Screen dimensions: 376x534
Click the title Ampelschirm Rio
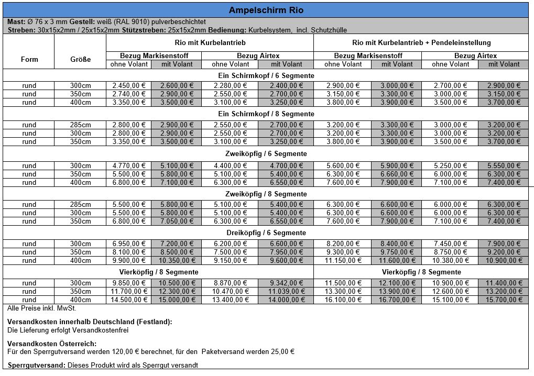pos(266,10)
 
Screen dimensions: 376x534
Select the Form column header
pos(29,59)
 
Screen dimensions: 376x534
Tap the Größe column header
pos(80,59)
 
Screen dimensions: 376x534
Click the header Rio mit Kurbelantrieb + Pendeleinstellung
pos(421,42)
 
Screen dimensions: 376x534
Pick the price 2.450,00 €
pos(128,85)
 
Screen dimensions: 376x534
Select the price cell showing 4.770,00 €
pos(128,165)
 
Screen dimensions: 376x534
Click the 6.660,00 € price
pos(397,174)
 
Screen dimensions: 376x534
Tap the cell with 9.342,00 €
pos(287,283)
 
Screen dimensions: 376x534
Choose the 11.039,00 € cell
pos(287,291)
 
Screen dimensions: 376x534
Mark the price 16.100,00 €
pos(343,300)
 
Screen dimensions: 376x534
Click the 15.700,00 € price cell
pos(504,300)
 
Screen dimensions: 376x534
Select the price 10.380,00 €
pos(449,260)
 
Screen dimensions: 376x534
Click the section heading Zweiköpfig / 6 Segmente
pos(266,154)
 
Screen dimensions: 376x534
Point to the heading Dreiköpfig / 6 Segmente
pos(266,233)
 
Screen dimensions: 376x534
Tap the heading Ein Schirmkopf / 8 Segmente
pos(266,114)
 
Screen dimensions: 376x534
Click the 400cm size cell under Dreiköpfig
pos(80,260)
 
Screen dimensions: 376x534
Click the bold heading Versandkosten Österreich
pos(52,344)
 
